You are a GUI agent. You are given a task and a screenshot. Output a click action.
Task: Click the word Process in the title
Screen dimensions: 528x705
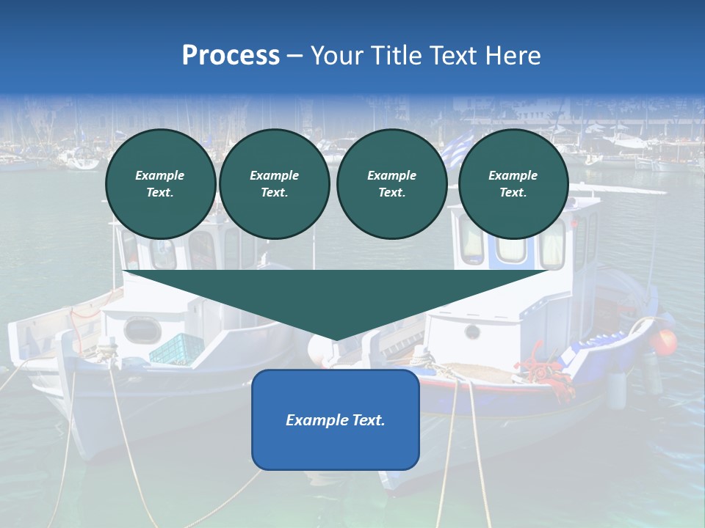tap(231, 56)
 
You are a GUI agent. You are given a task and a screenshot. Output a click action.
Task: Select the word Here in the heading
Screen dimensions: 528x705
tap(514, 56)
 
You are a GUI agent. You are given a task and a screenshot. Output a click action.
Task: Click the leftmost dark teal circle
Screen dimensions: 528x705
tap(161, 184)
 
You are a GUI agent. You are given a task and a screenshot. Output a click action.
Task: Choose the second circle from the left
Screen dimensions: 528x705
tap(275, 184)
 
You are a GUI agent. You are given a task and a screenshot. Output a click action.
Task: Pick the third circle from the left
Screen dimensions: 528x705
tap(392, 184)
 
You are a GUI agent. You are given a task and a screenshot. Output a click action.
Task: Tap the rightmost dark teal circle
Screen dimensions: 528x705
tap(513, 184)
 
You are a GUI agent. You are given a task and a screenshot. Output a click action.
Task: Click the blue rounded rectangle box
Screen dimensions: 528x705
tap(336, 419)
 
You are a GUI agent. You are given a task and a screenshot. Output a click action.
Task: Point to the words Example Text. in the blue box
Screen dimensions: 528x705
tap(336, 420)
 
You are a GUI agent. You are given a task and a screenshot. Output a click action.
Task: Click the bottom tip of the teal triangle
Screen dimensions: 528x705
tap(336, 339)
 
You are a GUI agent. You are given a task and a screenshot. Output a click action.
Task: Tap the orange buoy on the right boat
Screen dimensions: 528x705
tap(665, 342)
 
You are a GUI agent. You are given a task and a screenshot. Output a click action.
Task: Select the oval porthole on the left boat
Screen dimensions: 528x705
tap(142, 330)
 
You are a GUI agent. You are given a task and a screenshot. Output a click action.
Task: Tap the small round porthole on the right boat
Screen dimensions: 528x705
tap(472, 332)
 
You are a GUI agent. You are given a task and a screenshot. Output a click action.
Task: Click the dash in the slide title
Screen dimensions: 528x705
tap(294, 56)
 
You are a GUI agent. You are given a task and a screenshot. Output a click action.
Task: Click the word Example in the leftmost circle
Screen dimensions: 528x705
tap(160, 175)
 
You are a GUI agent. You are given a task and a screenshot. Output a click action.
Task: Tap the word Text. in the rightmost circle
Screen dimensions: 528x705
tap(513, 193)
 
